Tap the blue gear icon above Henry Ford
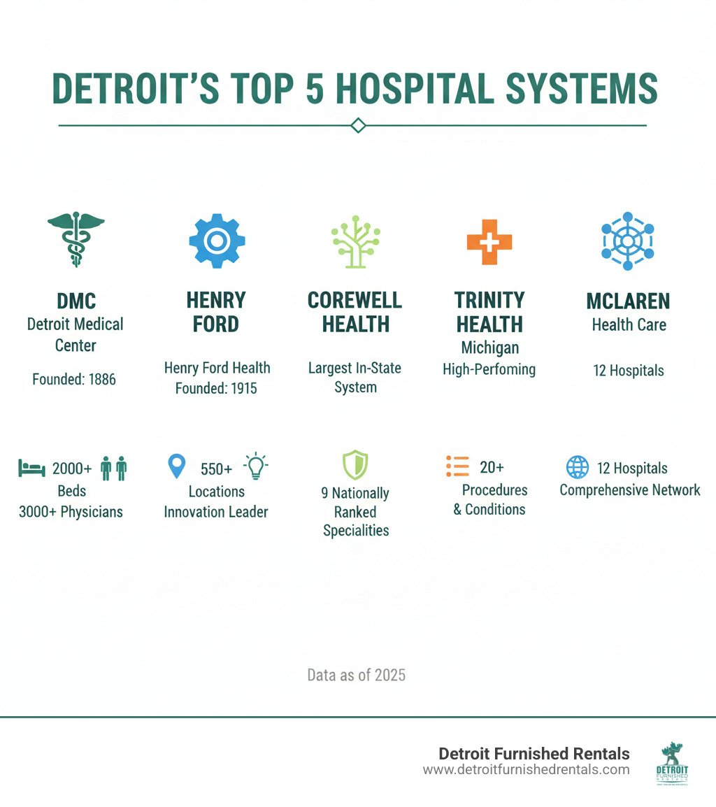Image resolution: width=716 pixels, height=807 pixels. pyautogui.click(x=217, y=240)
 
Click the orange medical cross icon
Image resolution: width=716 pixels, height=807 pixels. pyautogui.click(x=489, y=242)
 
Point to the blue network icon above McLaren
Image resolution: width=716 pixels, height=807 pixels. pyautogui.click(x=627, y=241)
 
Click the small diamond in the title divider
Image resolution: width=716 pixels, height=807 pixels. pyautogui.click(x=358, y=126)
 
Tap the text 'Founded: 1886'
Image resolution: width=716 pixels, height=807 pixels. pyautogui.click(x=74, y=380)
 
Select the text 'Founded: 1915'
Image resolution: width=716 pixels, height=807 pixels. pyautogui.click(x=217, y=388)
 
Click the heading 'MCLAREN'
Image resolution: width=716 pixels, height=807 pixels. pyautogui.click(x=629, y=301)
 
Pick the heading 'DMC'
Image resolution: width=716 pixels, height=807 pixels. pyautogui.click(x=76, y=301)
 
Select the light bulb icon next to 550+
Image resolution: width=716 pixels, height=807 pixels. pyautogui.click(x=256, y=466)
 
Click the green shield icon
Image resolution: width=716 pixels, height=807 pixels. pyautogui.click(x=355, y=465)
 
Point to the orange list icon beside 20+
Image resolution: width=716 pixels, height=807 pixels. pyautogui.click(x=457, y=466)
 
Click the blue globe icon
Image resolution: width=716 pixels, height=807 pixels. pyautogui.click(x=577, y=467)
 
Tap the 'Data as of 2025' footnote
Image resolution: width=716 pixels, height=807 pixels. pyautogui.click(x=357, y=676)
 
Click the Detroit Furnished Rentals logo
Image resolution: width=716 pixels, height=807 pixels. pyautogui.click(x=674, y=763)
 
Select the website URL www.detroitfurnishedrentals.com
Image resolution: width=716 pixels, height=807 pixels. pyautogui.click(x=526, y=770)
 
